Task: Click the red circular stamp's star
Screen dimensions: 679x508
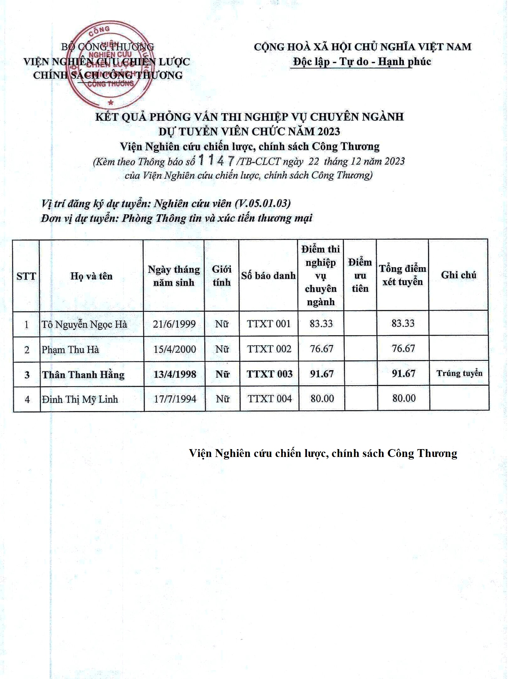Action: coord(110,102)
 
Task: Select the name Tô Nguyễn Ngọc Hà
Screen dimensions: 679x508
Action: coord(84,324)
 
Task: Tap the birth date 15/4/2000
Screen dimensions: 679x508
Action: coord(175,349)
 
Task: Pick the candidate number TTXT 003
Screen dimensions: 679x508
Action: coord(269,374)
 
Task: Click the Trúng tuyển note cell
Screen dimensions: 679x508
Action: coord(459,374)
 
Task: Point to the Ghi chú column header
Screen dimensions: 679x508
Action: coord(459,275)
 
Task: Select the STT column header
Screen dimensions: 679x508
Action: coord(26,276)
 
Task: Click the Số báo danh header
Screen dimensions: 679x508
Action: coord(268,276)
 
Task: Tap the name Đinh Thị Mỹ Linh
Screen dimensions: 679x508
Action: coord(80,399)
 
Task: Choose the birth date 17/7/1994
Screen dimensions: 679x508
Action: coord(175,399)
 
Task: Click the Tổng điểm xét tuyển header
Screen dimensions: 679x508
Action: coord(402,275)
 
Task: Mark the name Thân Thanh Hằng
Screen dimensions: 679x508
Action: coord(83,374)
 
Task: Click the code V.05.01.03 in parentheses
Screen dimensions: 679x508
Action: coord(263,203)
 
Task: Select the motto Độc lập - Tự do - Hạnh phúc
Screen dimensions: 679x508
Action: coord(362,61)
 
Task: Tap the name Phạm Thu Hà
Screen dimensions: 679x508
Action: coord(70,350)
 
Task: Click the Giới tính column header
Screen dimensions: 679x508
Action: coord(222,276)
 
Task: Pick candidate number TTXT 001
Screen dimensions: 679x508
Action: coord(268,324)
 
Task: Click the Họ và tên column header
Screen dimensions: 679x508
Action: coord(91,276)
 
